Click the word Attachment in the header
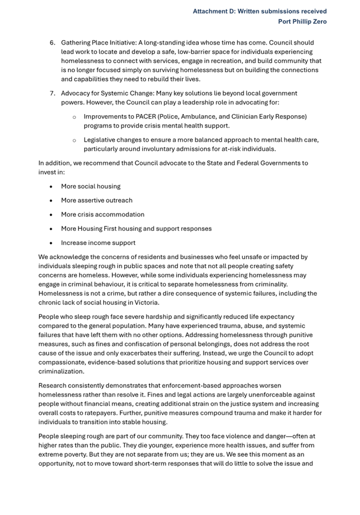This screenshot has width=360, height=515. click(213, 11)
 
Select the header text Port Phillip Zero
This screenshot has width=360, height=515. click(302, 21)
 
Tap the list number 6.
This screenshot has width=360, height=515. click(52, 42)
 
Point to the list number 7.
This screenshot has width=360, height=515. click(52, 93)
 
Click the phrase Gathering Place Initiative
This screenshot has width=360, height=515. click(98, 42)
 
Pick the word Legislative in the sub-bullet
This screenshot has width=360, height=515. click(101, 139)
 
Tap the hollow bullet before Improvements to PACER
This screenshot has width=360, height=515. click(74, 117)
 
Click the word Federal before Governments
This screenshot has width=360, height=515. click(240, 163)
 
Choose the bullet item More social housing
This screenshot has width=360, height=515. click(90, 186)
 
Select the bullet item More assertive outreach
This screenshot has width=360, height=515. click(96, 200)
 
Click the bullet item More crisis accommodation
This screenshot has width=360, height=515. click(102, 215)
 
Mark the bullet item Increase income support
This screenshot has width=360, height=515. click(98, 243)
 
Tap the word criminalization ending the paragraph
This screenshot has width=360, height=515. click(62, 372)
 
